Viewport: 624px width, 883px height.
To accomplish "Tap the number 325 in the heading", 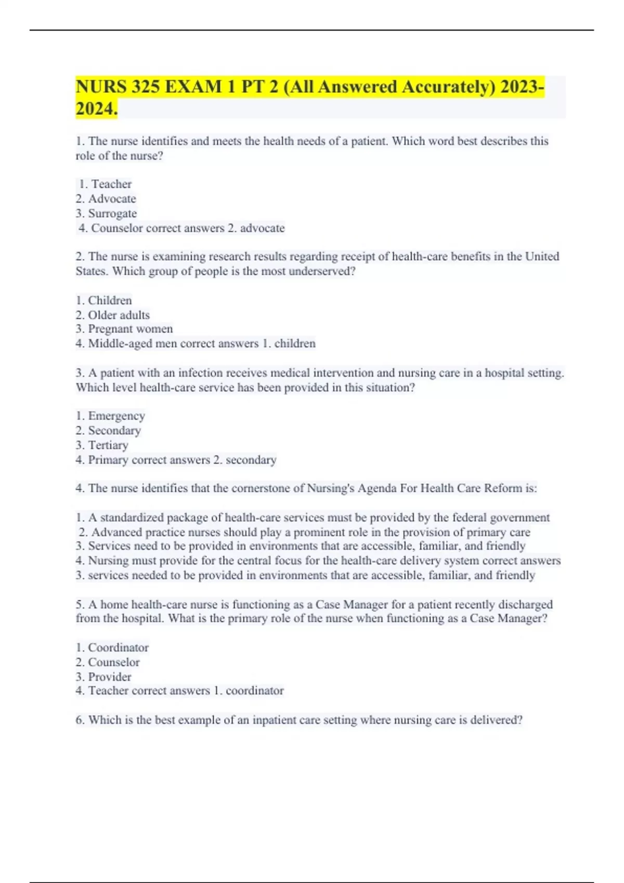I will point(145,87).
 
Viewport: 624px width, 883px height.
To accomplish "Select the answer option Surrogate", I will point(112,213).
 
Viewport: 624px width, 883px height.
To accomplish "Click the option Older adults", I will point(119,315).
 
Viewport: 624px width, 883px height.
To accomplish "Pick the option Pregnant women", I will point(130,329).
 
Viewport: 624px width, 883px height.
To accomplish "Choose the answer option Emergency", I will point(116,416).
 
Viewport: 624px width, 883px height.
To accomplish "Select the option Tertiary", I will point(108,445).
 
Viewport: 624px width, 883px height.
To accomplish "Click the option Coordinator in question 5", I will point(118,648).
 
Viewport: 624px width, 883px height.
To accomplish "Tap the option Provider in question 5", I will point(110,677).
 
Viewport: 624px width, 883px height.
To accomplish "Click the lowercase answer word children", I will point(295,343).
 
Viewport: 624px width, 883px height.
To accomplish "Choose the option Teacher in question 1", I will point(111,184).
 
